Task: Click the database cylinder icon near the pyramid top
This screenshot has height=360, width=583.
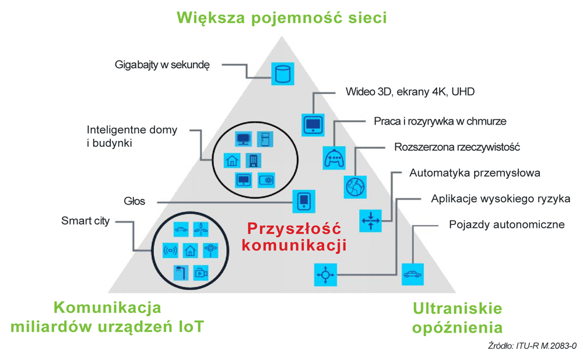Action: click(283, 74)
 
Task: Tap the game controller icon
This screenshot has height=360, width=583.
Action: click(335, 157)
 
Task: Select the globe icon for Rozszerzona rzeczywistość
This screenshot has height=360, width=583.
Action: click(354, 186)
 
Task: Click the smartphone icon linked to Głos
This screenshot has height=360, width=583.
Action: click(303, 202)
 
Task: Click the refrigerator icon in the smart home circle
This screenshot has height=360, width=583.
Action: click(265, 139)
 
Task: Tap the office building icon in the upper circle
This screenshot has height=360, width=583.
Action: click(254, 160)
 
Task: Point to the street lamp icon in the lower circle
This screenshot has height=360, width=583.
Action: click(180, 271)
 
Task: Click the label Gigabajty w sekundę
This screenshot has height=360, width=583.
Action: click(161, 65)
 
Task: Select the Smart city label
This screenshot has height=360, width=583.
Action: click(85, 221)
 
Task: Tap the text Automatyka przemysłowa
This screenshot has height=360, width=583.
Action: click(475, 173)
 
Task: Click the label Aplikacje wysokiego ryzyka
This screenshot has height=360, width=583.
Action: click(500, 199)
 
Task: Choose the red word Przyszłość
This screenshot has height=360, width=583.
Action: click(293, 228)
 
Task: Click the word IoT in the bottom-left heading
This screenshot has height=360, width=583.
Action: click(190, 327)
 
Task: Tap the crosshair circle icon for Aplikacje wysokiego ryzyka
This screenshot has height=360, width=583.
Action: click(325, 274)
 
